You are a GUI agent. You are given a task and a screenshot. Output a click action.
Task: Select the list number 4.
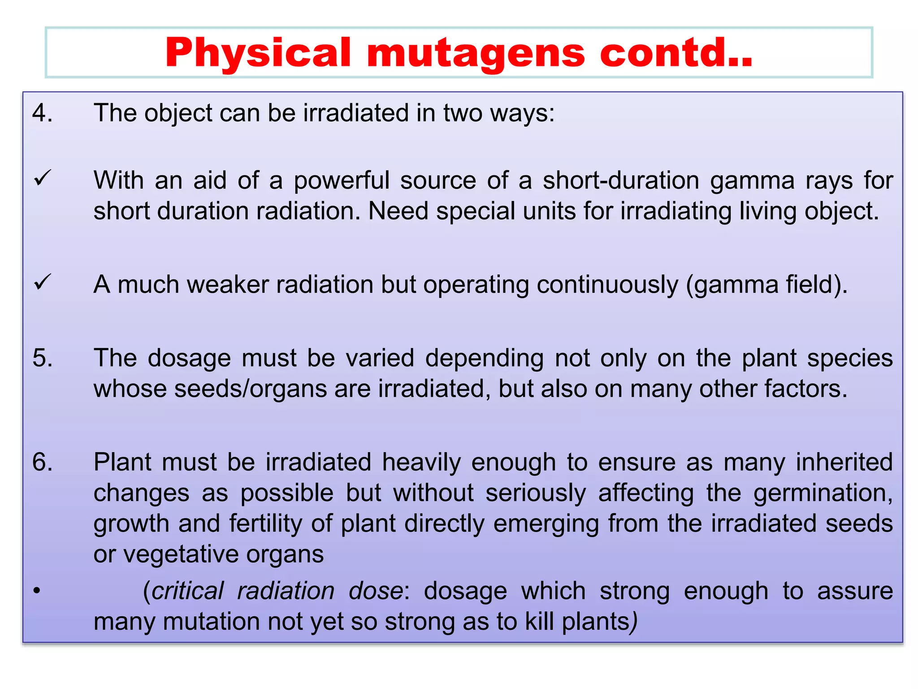click(x=42, y=113)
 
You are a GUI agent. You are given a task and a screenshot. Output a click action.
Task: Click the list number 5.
click(x=42, y=358)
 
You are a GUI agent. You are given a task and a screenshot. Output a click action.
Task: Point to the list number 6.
click(x=42, y=462)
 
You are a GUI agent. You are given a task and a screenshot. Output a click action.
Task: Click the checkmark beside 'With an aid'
click(x=43, y=179)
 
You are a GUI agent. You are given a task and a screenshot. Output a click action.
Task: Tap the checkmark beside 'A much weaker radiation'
click(x=43, y=283)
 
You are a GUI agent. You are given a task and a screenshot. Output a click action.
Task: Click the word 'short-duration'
click(x=621, y=180)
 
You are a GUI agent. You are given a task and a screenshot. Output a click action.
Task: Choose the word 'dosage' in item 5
click(x=189, y=358)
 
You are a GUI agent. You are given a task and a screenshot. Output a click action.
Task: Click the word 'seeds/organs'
click(x=251, y=389)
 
